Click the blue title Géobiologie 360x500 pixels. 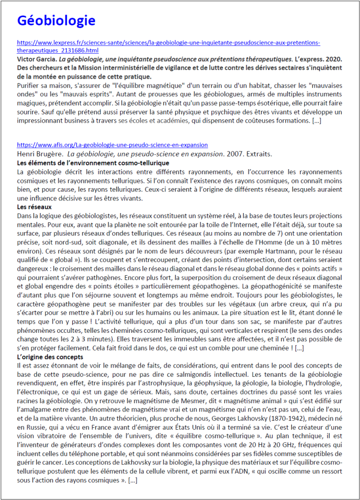(56, 21)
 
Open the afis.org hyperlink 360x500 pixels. (112, 145)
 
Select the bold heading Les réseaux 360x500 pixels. (34, 207)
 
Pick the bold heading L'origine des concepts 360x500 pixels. (50, 357)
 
